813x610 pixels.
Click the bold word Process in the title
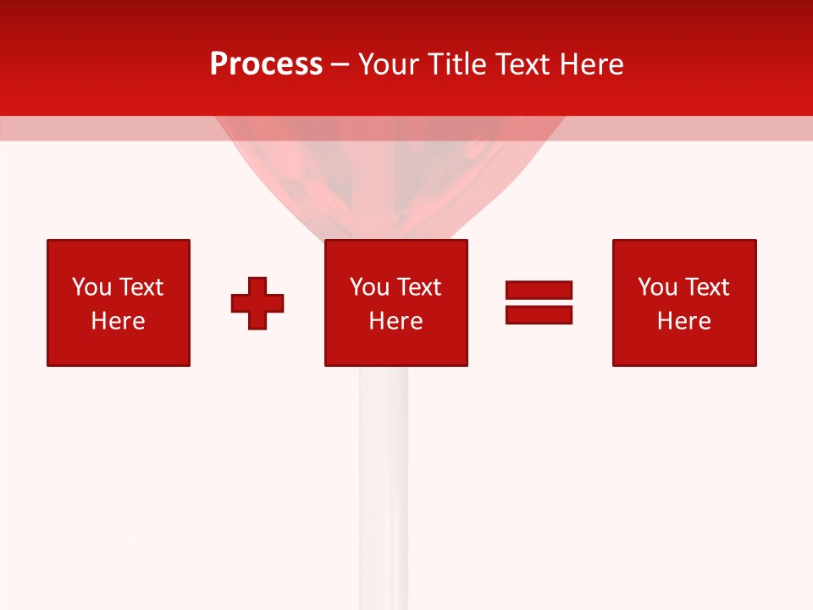point(266,64)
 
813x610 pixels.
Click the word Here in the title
point(593,64)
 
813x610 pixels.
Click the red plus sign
point(257,302)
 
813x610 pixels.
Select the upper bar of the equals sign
point(539,290)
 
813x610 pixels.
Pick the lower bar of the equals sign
point(539,314)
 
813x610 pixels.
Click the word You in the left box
point(91,287)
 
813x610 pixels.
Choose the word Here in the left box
point(118,321)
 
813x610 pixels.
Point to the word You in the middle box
point(369,287)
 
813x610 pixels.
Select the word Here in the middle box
point(395,321)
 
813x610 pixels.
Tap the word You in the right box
point(657,287)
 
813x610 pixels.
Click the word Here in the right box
point(683,321)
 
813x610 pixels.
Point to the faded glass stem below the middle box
point(383,474)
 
